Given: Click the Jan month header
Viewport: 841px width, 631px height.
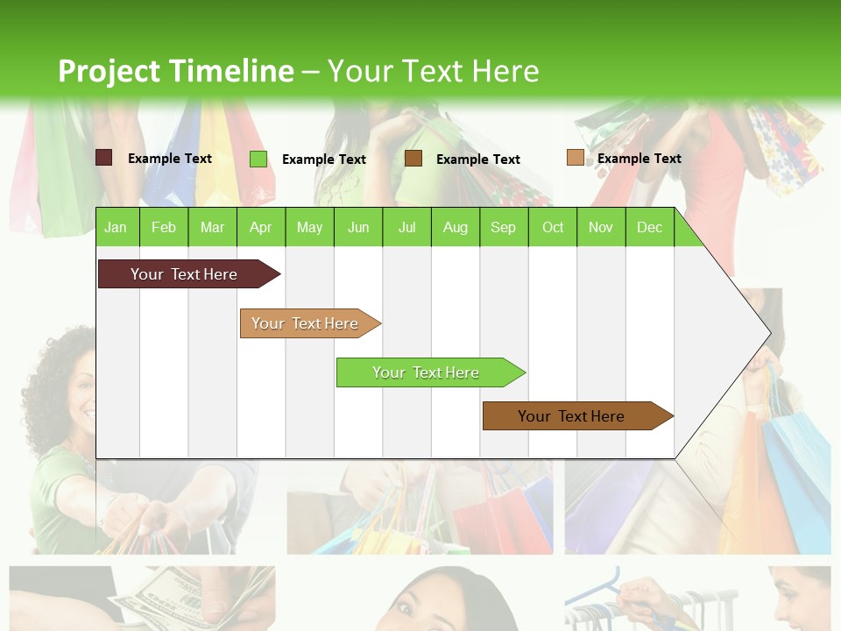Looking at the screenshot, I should (116, 227).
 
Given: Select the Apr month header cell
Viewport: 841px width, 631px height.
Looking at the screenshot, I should (260, 227).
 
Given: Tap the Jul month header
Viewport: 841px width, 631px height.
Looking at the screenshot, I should (406, 227).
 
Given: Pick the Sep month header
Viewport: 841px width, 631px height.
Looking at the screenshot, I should (503, 227).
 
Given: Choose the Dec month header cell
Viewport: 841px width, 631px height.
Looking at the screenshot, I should (649, 227).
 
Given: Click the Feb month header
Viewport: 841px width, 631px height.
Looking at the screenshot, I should (164, 227).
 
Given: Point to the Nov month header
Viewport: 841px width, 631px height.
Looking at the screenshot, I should (601, 227).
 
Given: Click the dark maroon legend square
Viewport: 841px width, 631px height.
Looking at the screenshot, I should (103, 158).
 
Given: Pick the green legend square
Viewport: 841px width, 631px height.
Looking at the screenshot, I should (258, 159).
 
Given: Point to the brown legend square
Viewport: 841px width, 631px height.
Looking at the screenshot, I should (413, 158).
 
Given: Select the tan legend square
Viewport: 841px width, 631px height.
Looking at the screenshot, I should (575, 158).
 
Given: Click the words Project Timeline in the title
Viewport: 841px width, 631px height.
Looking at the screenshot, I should (175, 71).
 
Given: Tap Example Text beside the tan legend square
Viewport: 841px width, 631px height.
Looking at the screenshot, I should (639, 159).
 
